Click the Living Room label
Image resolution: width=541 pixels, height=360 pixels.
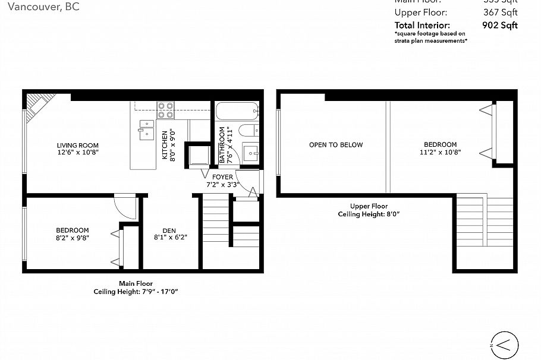(x=77, y=146)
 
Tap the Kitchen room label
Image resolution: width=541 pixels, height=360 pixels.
(x=164, y=142)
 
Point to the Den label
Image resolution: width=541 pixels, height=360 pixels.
(x=169, y=232)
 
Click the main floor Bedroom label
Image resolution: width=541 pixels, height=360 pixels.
(x=72, y=230)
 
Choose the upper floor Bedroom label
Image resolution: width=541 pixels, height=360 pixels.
(x=440, y=145)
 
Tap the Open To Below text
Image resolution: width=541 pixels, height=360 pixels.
(x=335, y=145)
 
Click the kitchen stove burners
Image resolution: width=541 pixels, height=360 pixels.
(x=165, y=110)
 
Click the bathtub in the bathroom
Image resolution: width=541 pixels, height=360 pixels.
(x=237, y=111)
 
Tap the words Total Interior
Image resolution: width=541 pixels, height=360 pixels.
(x=422, y=25)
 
